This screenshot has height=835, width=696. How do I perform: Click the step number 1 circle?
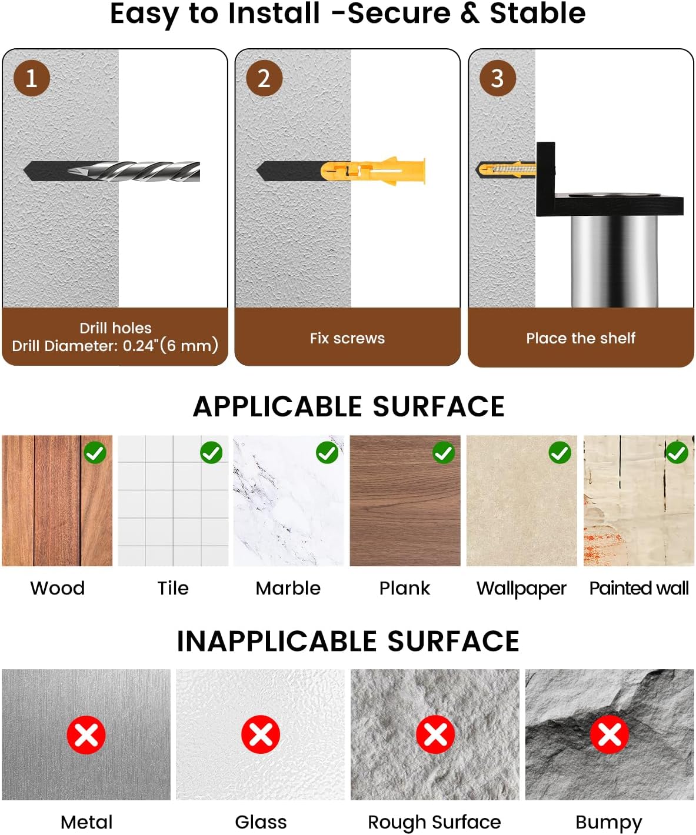point(32,78)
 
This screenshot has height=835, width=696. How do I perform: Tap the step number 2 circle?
point(264,78)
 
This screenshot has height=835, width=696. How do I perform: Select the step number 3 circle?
point(498,78)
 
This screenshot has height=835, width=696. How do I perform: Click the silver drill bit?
point(134,172)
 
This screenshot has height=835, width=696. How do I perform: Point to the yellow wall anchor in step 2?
point(373,171)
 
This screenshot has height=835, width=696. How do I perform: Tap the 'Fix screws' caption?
point(347,338)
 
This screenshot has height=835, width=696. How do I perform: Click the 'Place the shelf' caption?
point(580,338)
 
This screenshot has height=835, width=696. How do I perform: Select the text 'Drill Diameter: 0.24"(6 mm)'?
point(115,346)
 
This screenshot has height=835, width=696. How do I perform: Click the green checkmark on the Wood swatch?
point(95,453)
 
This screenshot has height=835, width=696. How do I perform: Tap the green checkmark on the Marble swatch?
point(327,453)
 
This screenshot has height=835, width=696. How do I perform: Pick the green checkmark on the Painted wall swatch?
point(677,453)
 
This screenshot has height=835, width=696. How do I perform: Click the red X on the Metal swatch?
point(86,734)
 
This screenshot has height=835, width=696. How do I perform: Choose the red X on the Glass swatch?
point(261,734)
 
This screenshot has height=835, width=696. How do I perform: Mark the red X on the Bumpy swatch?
point(610,734)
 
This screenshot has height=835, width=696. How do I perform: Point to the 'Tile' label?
point(173,588)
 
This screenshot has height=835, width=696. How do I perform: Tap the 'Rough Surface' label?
point(434,823)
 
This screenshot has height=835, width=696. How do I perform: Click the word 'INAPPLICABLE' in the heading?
point(277,641)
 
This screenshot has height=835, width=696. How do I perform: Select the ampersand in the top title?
point(471,13)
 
